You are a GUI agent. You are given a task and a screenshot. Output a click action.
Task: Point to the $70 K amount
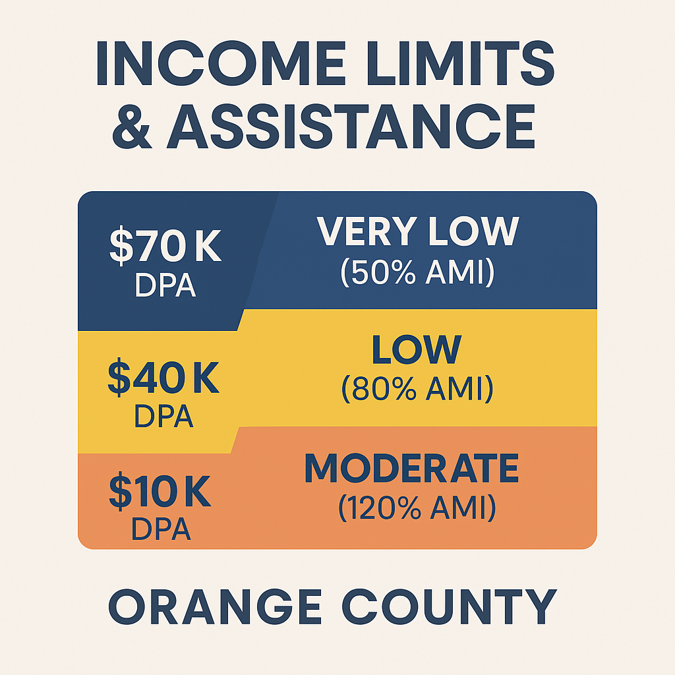(x=165, y=246)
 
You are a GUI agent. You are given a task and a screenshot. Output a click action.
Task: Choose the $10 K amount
(x=160, y=492)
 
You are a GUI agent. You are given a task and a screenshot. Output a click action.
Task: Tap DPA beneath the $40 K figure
(x=163, y=415)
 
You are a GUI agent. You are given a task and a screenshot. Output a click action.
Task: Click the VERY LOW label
(x=418, y=231)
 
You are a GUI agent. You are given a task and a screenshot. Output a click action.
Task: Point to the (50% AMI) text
(x=417, y=273)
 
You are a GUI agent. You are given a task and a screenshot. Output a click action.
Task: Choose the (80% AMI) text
(x=417, y=389)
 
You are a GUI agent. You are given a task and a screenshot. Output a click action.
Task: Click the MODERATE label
(x=411, y=469)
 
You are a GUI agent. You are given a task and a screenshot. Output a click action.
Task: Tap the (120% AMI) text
(x=417, y=508)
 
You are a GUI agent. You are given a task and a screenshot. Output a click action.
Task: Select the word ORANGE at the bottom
(x=216, y=607)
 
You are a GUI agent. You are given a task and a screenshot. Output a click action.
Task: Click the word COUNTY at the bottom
(x=451, y=607)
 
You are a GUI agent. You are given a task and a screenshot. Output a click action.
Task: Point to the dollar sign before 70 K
(x=121, y=246)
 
